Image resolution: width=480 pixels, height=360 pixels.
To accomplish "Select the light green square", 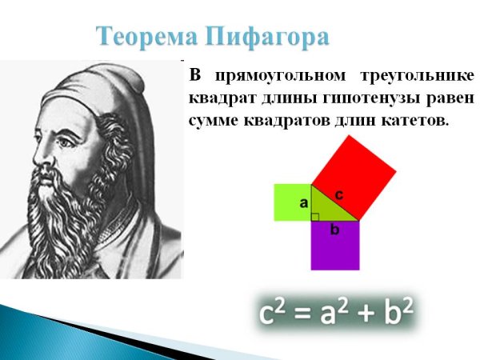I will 291,202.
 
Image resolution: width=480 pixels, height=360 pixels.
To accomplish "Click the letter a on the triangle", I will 304,203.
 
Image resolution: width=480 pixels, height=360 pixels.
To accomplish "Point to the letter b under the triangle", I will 335,230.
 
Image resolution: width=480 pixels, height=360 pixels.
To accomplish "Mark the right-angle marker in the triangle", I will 315,216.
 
